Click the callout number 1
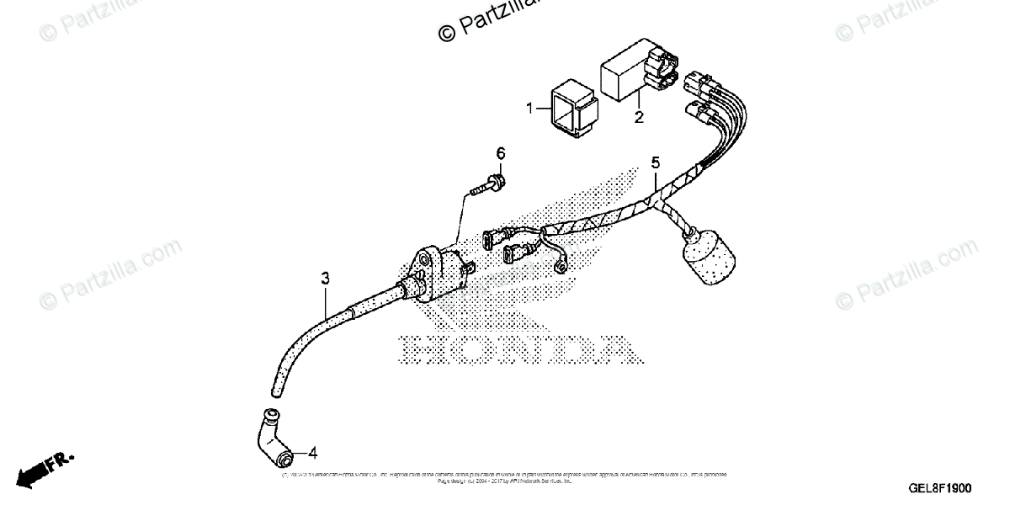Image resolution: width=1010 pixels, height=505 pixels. click(530, 109)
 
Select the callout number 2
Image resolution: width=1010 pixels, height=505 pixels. click(639, 117)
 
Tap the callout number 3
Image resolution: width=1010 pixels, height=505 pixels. click(325, 278)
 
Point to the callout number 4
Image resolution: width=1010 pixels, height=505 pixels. click(313, 453)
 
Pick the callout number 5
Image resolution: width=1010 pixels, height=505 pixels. click(655, 162)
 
